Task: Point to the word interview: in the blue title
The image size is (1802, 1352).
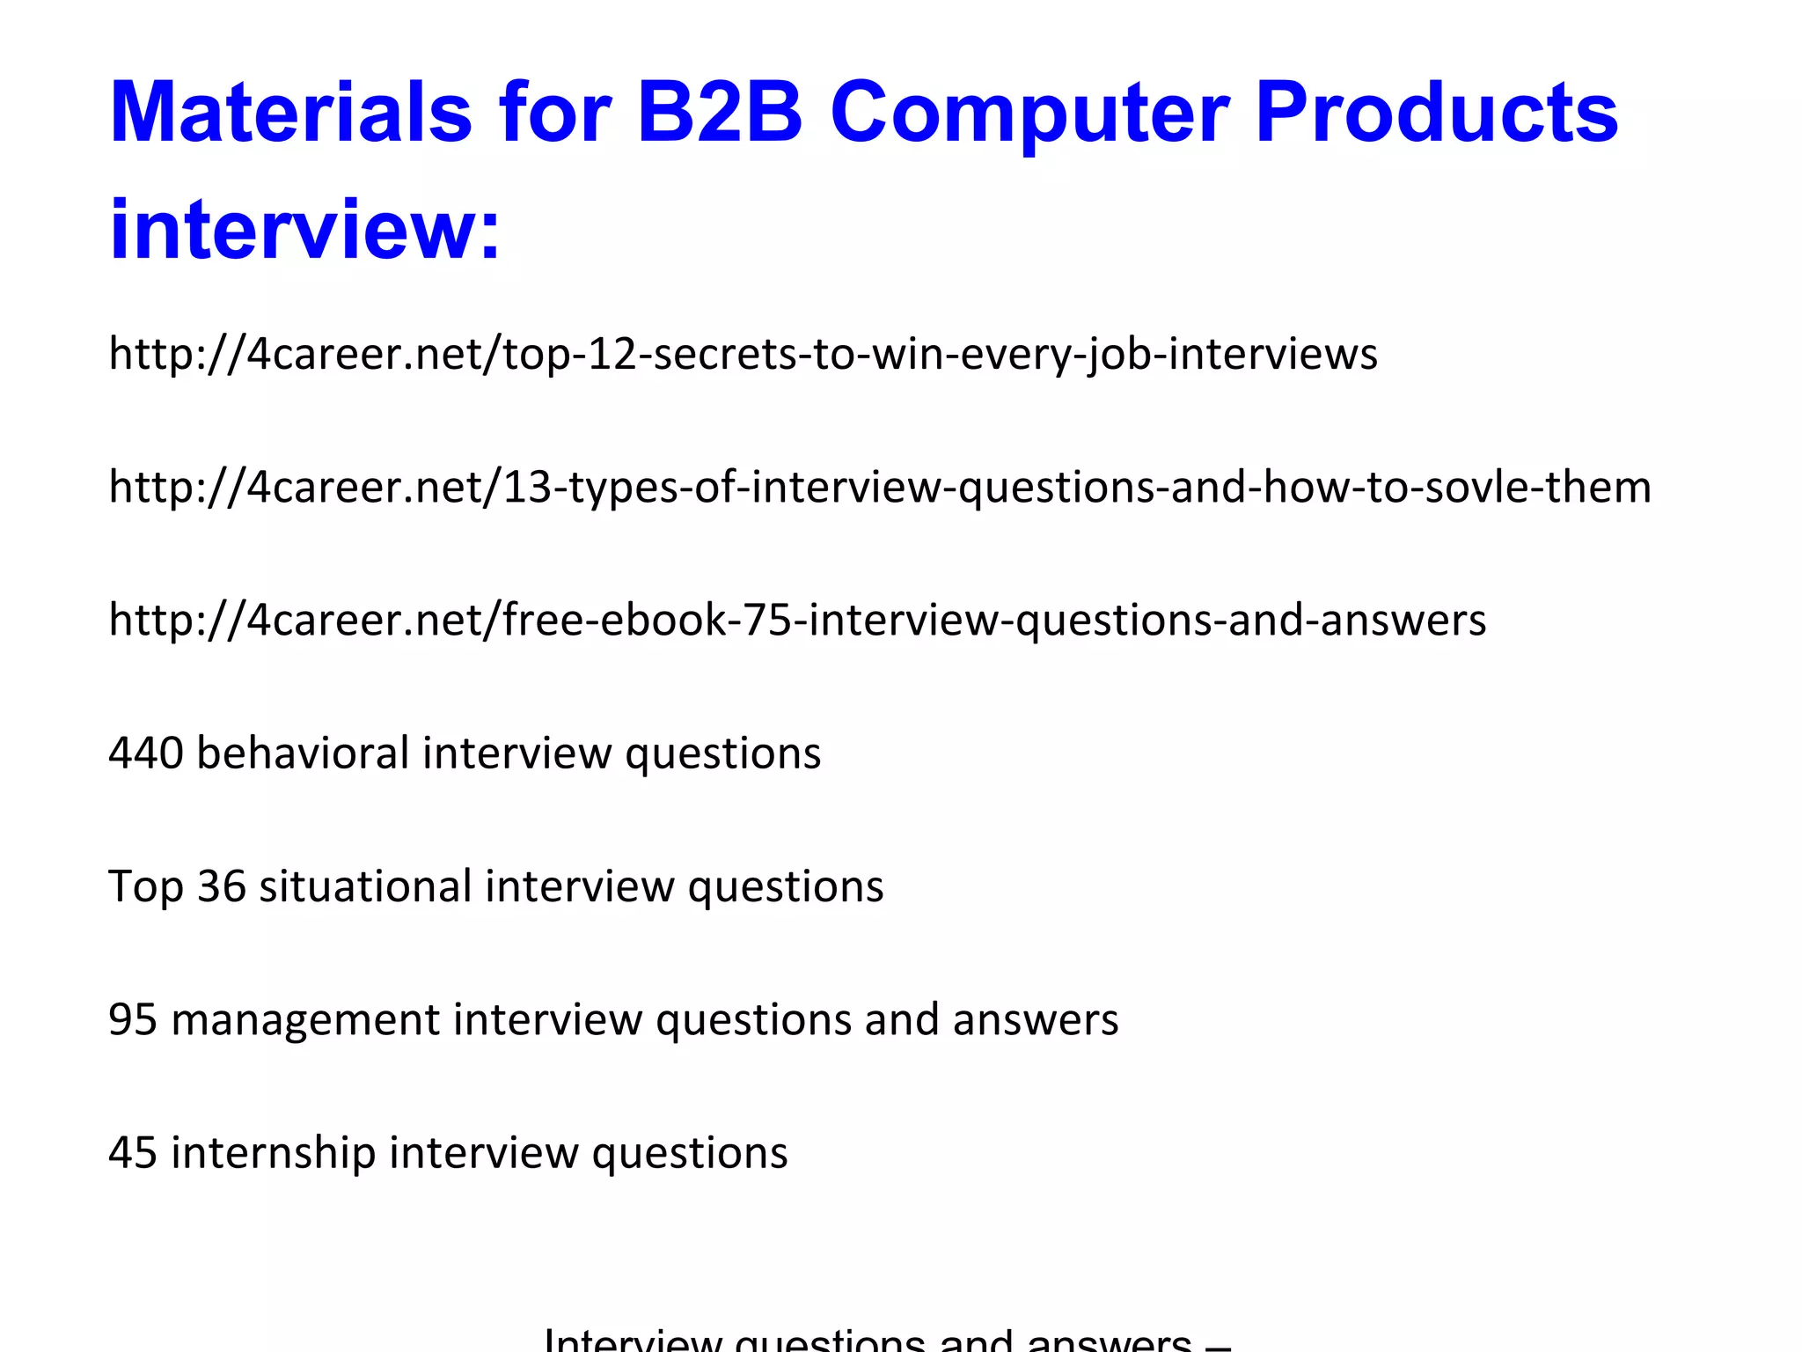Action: (x=304, y=231)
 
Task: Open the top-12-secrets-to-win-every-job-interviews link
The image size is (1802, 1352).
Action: (x=743, y=354)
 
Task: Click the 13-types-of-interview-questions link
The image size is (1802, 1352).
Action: (x=880, y=487)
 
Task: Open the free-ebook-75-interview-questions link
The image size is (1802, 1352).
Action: (x=797, y=620)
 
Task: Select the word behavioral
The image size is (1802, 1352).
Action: (x=303, y=753)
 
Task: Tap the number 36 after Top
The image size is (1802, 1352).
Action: (x=221, y=886)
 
